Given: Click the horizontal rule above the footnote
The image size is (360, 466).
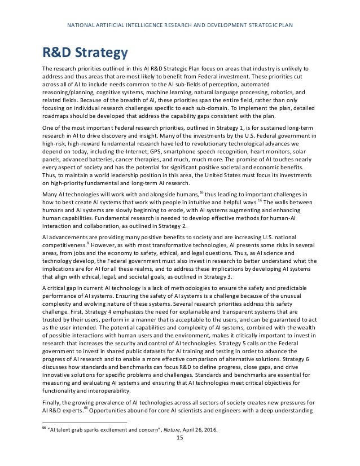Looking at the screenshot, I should pos(85,423).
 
